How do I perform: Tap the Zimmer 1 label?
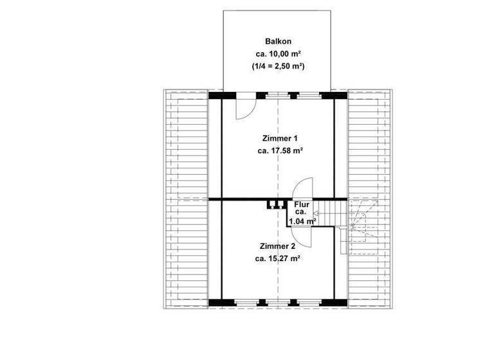(x=279, y=138)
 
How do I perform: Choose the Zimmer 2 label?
(x=278, y=246)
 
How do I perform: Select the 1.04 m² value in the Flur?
(x=303, y=221)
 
